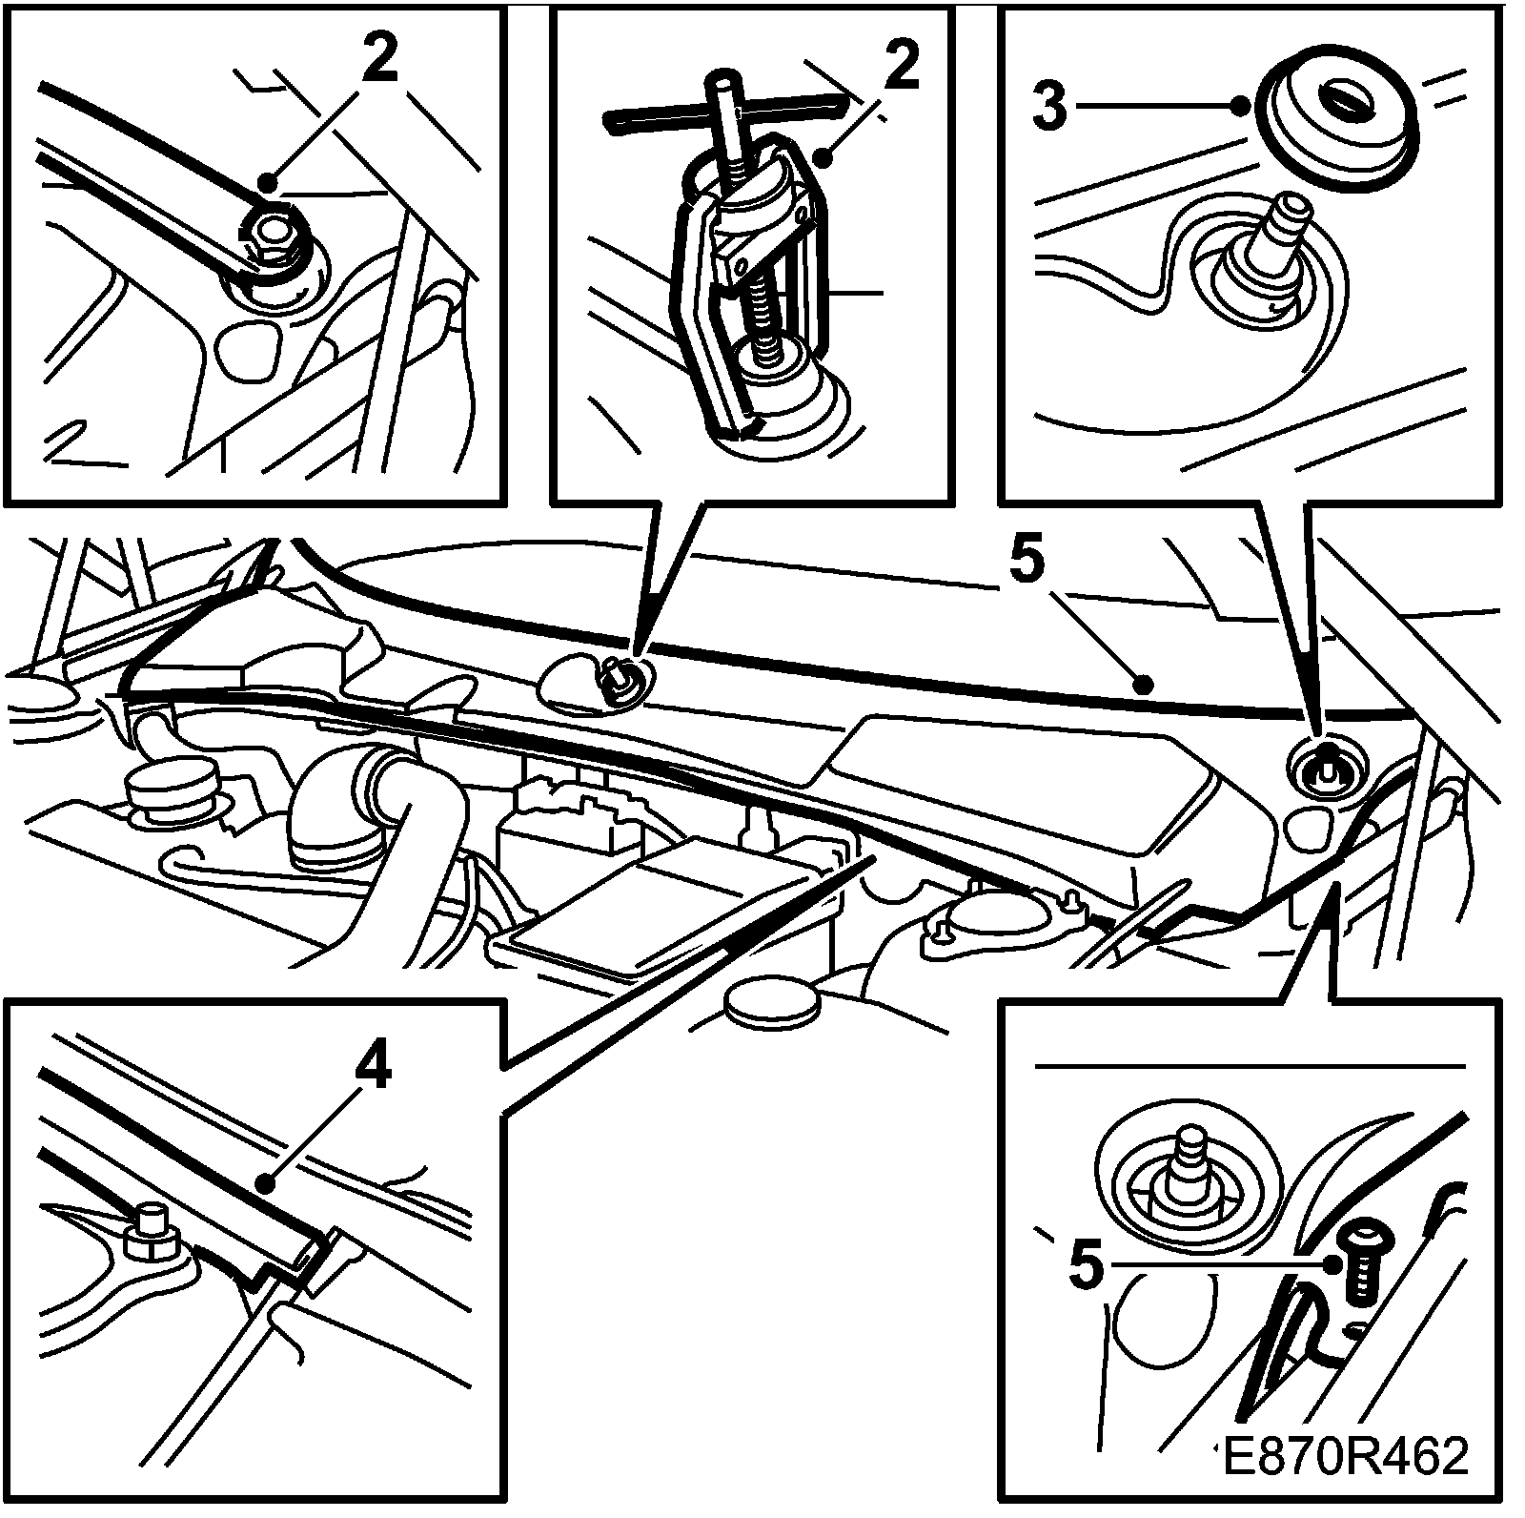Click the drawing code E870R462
(x=1345, y=1484)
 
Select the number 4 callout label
(x=373, y=1071)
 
